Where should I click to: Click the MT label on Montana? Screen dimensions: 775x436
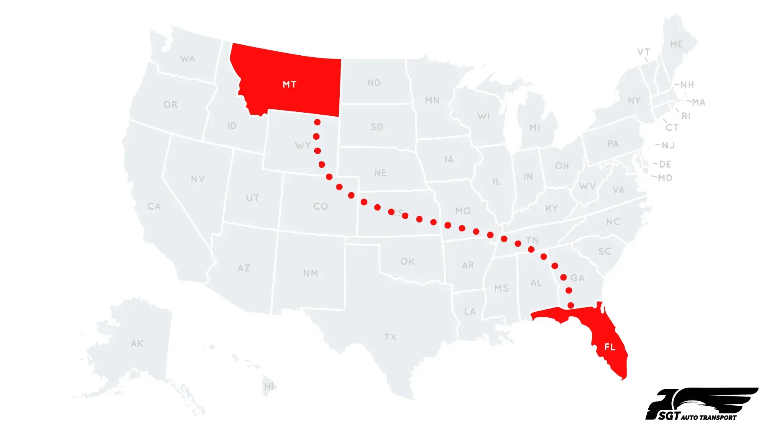[x=289, y=84]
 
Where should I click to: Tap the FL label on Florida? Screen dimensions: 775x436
[x=610, y=347]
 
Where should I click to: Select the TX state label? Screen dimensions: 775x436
[x=391, y=337]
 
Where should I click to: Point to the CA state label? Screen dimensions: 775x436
[x=154, y=206]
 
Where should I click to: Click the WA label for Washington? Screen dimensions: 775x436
[x=188, y=59]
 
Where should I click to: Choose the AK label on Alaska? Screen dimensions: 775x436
[x=137, y=344]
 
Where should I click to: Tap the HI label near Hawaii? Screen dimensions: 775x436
[x=269, y=386]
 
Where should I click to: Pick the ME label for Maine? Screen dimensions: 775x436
[x=677, y=44]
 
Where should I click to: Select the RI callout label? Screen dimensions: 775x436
[x=686, y=116]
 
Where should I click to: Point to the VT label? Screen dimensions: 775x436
[x=643, y=52]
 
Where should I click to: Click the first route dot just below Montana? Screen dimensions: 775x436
[x=318, y=122]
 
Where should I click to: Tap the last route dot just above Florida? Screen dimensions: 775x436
[x=570, y=305]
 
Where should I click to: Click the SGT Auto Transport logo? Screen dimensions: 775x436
[x=702, y=405]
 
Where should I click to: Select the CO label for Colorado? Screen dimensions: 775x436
[x=321, y=206]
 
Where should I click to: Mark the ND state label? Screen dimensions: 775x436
[x=374, y=83]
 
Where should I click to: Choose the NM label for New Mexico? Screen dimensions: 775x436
[x=311, y=273]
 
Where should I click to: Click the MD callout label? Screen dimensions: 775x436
[x=665, y=178]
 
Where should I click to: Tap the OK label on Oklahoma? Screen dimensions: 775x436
[x=407, y=262]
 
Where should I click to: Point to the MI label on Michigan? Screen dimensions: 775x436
[x=535, y=128]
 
